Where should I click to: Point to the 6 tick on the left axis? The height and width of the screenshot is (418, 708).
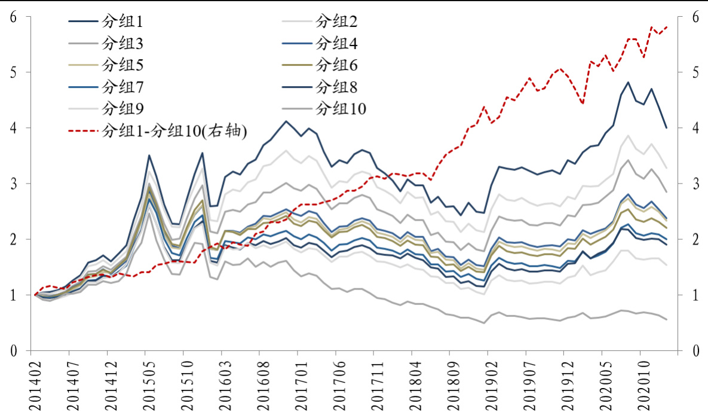click(13, 17)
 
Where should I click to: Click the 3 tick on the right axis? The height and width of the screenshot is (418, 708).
click(695, 184)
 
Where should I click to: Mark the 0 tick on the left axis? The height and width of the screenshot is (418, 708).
click(13, 350)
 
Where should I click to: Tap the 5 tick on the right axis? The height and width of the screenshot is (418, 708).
click(695, 73)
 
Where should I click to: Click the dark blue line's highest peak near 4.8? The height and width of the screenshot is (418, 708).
click(628, 83)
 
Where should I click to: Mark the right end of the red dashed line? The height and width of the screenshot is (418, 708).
click(666, 27)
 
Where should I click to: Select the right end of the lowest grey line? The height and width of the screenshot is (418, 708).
click(666, 319)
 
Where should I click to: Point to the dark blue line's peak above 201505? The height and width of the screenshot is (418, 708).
click(149, 155)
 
